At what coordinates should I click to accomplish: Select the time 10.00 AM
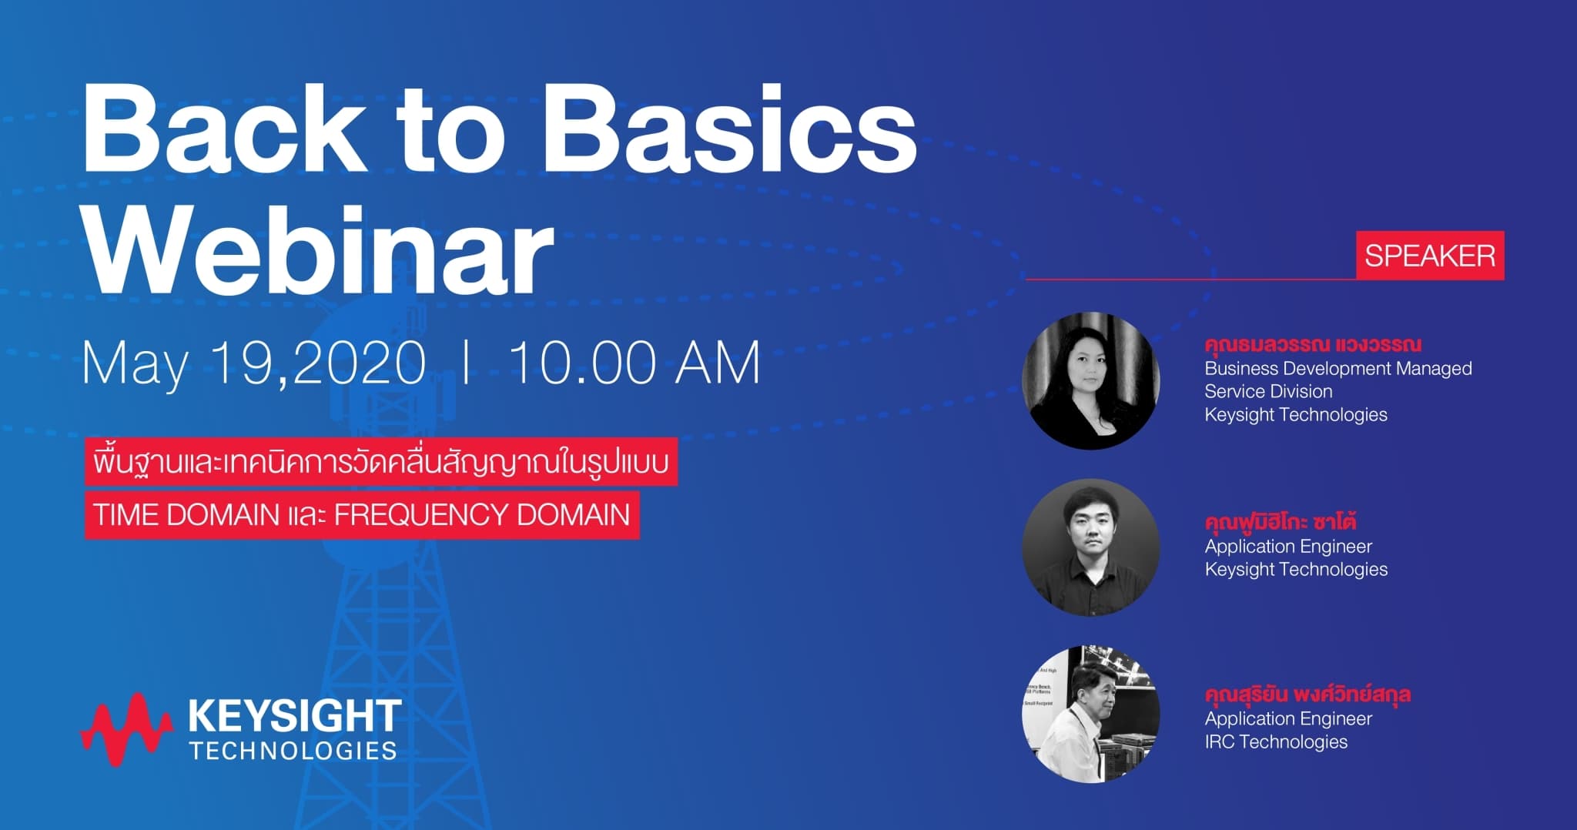pyautogui.click(x=634, y=362)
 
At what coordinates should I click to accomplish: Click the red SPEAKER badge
pyautogui.click(x=1430, y=256)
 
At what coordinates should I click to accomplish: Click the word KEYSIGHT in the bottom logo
pyautogui.click(x=294, y=716)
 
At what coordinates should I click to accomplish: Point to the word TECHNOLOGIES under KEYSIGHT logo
pyautogui.click(x=293, y=751)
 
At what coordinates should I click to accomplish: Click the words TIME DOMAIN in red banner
pyautogui.click(x=186, y=515)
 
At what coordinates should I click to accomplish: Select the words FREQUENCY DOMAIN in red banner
pyautogui.click(x=482, y=515)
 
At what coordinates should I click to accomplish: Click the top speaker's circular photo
pyautogui.click(x=1091, y=380)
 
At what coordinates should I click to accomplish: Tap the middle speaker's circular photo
pyautogui.click(x=1091, y=547)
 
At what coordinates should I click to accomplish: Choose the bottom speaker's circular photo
pyautogui.click(x=1091, y=714)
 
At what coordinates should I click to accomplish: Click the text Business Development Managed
pyautogui.click(x=1338, y=369)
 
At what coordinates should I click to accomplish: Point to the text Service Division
pyautogui.click(x=1268, y=391)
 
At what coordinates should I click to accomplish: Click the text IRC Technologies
pyautogui.click(x=1276, y=741)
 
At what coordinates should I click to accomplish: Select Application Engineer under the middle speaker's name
pyautogui.click(x=1288, y=547)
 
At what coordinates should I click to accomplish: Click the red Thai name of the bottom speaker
pyautogui.click(x=1307, y=694)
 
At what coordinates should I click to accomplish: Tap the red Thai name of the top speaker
pyautogui.click(x=1313, y=345)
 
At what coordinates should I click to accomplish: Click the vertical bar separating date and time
pyautogui.click(x=466, y=361)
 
